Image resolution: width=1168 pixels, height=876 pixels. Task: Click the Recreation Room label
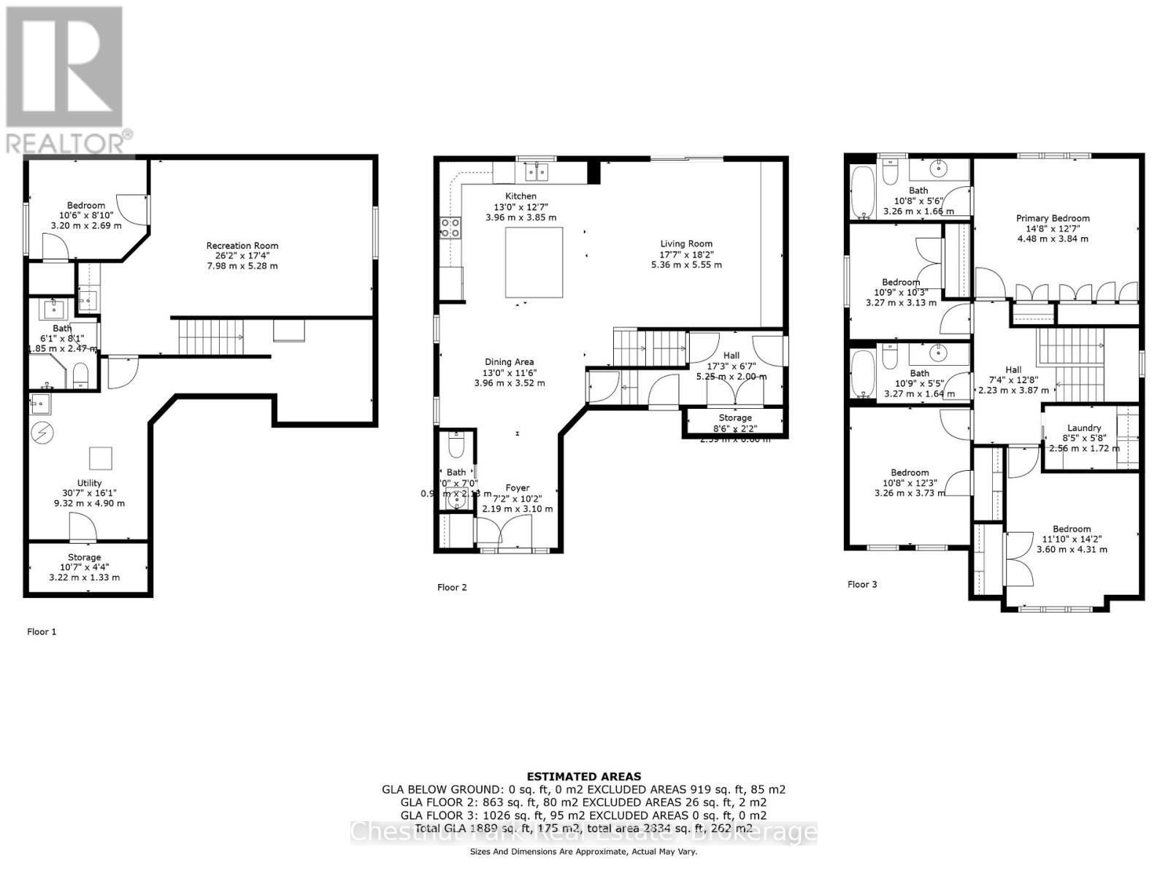click(x=242, y=246)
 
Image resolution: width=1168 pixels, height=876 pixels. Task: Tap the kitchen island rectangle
click(x=534, y=262)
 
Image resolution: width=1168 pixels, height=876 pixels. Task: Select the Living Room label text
click(x=686, y=244)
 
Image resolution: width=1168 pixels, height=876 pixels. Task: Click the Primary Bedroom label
click(x=1053, y=218)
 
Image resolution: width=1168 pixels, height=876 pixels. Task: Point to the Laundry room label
click(x=1083, y=429)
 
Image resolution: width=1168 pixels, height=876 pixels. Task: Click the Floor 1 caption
click(x=42, y=631)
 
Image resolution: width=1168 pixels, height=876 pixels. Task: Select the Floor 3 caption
click(x=862, y=584)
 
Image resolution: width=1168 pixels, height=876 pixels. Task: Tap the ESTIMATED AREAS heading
click(x=584, y=777)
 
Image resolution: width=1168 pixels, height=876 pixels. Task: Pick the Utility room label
click(x=89, y=483)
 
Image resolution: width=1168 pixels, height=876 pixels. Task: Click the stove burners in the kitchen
click(x=450, y=228)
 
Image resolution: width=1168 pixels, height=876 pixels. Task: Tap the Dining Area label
click(x=509, y=362)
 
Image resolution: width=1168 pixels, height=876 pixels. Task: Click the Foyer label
click(x=518, y=488)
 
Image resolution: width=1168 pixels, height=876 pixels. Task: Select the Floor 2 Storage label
click(x=734, y=418)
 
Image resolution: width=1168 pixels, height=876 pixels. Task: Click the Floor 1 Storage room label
click(x=85, y=557)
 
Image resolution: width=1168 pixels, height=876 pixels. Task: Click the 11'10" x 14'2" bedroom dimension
click(x=1072, y=539)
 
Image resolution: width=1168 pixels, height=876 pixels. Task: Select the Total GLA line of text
click(x=584, y=828)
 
